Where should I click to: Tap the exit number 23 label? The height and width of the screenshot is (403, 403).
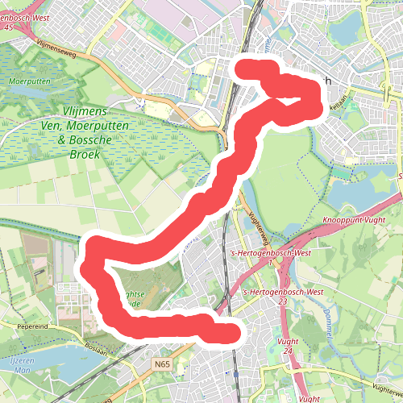(282, 301)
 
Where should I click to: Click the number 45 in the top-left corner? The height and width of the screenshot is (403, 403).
(9, 27)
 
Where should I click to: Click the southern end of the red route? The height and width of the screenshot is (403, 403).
(231, 333)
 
